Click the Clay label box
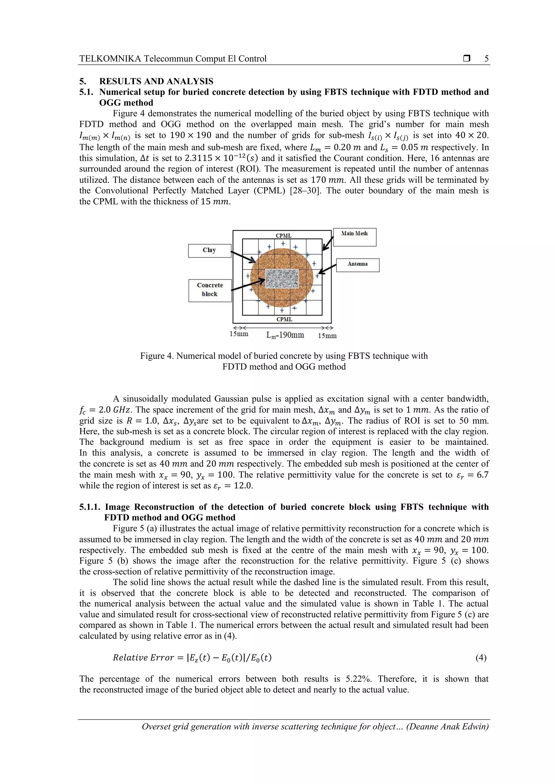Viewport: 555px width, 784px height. tap(209, 251)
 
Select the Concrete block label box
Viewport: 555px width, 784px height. tap(210, 290)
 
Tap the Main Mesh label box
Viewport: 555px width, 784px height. tap(354, 237)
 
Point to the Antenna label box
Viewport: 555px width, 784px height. tap(357, 265)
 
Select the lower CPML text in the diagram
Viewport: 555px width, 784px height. tap(284, 319)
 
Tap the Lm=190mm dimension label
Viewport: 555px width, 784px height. tap(285, 335)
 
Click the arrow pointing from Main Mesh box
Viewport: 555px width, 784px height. tap(327, 243)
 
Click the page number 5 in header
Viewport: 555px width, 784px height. tap(486, 59)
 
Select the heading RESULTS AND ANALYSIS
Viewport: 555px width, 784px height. tap(156, 81)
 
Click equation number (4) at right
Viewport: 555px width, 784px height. tap(481, 657)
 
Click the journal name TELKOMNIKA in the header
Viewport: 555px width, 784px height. tap(110, 59)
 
